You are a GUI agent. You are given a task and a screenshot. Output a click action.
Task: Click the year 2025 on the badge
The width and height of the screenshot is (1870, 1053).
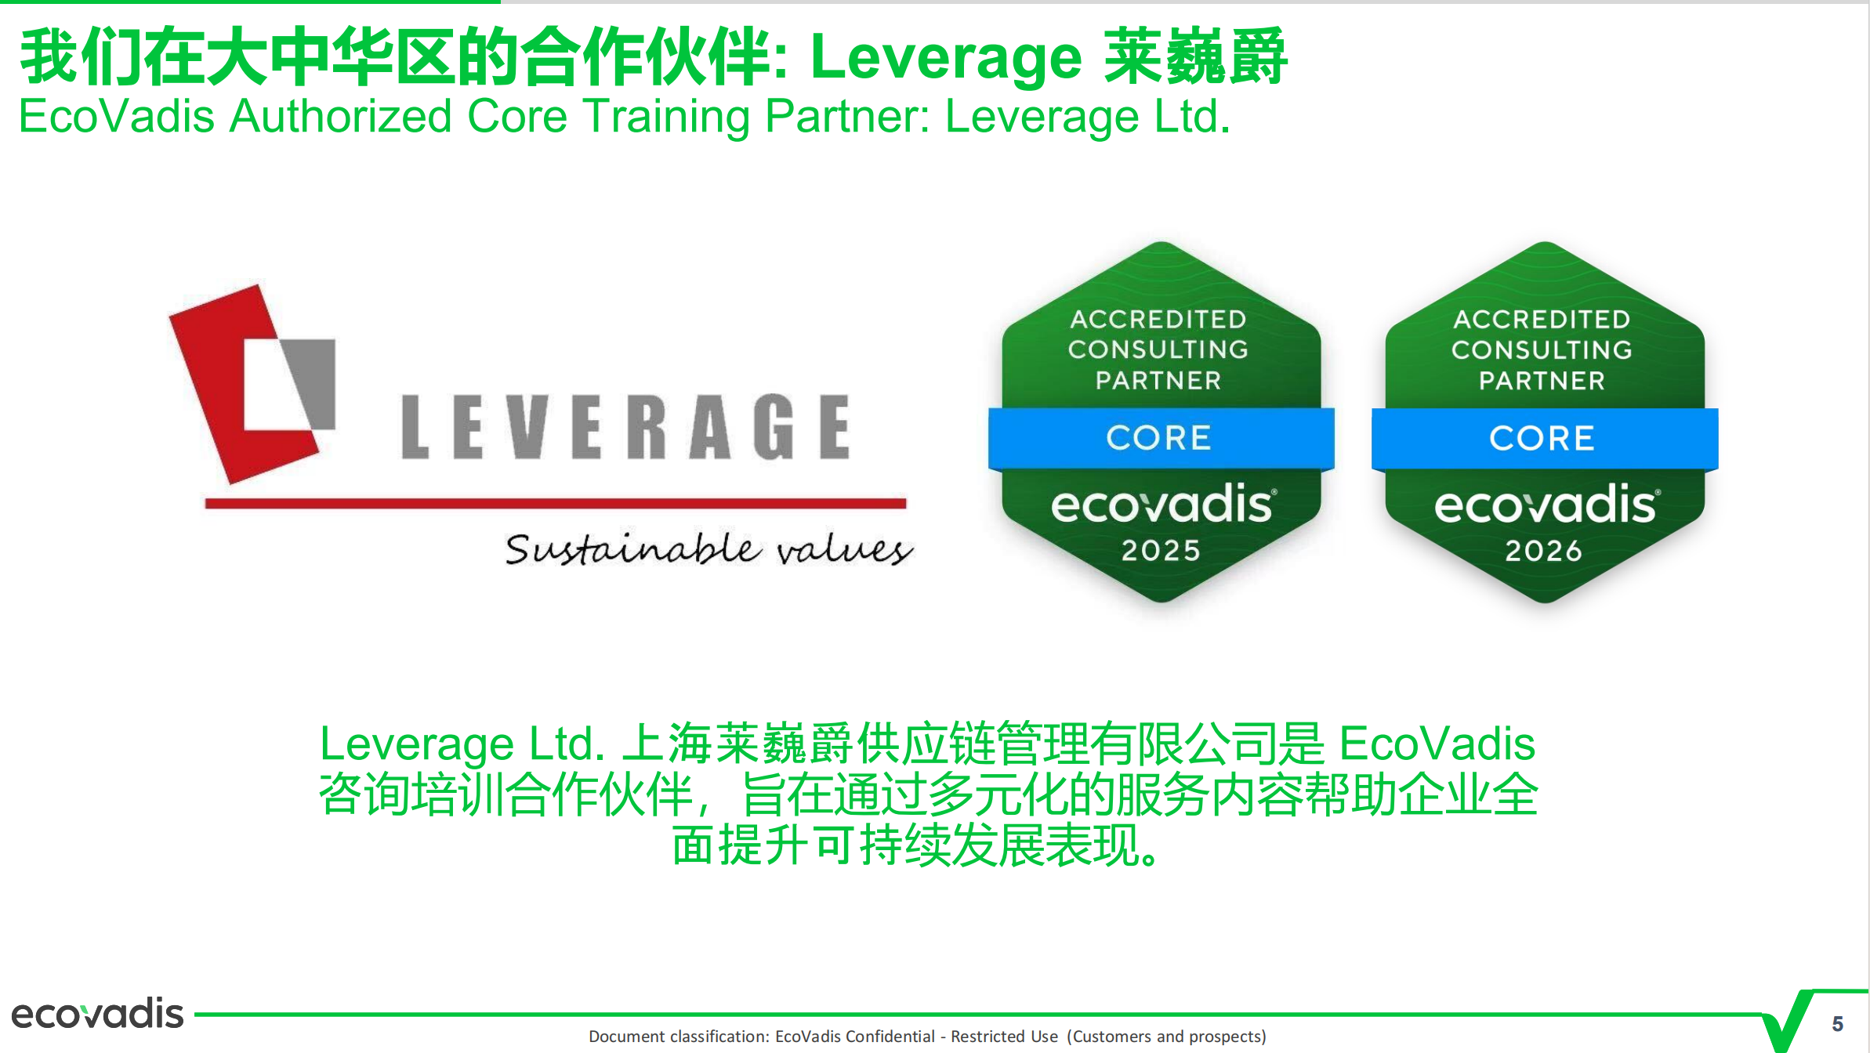(1160, 551)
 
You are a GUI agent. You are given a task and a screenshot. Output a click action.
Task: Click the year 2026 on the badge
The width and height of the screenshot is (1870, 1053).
(1543, 551)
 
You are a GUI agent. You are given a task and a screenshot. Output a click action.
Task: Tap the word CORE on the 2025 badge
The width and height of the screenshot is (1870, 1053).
(1158, 438)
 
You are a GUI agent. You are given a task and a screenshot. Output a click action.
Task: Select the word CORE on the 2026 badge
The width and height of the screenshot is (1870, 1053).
(1542, 438)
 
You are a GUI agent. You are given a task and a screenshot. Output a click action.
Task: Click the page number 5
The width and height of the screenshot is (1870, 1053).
(1837, 1024)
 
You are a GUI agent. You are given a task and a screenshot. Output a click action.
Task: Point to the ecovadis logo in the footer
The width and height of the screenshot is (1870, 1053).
(97, 1014)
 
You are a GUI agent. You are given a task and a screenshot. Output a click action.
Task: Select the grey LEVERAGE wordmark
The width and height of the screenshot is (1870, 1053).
(625, 427)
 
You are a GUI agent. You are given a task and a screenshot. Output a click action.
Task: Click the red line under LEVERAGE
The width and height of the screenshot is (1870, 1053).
(555, 503)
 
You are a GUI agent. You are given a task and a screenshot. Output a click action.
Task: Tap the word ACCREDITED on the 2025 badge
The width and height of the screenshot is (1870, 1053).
(1158, 320)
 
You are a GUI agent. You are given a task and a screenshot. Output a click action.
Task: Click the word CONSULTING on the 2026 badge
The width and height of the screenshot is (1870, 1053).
(1542, 349)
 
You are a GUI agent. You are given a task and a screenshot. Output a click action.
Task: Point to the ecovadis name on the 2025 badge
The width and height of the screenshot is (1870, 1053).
(1163, 505)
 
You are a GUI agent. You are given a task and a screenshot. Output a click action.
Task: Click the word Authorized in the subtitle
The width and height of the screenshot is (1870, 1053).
(340, 117)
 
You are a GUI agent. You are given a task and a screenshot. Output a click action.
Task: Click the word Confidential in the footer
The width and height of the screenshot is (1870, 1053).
(890, 1037)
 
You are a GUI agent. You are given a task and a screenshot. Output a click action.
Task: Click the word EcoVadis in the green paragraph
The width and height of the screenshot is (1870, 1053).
(1437, 744)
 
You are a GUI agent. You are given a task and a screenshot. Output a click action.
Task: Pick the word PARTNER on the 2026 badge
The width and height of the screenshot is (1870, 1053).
(1542, 381)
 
